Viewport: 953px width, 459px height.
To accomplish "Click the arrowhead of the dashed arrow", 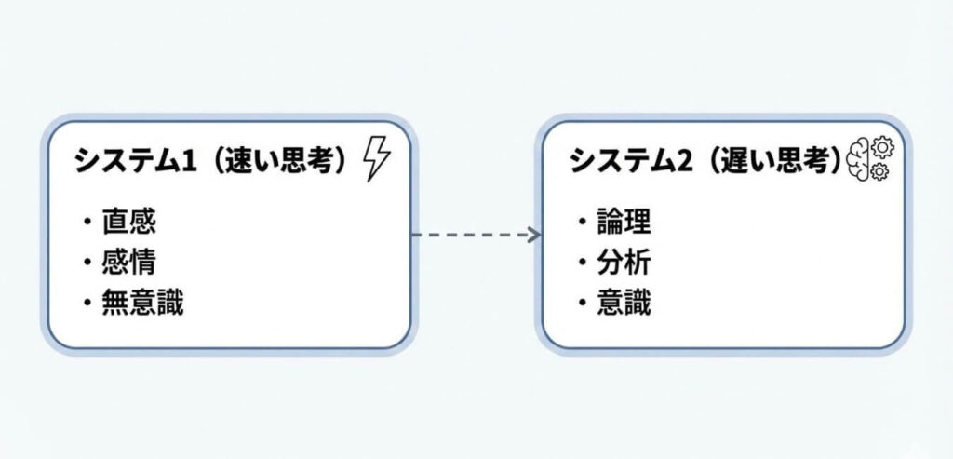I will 535,234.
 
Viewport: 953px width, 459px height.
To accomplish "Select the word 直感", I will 128,222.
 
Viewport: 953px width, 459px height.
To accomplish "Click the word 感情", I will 128,263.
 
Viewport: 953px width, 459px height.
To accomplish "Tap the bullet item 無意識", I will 142,304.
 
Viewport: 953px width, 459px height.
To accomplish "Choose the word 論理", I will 623,222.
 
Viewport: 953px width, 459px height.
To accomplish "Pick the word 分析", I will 623,263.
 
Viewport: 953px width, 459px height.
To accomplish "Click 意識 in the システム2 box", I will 623,304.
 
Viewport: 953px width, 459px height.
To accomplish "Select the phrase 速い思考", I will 279,160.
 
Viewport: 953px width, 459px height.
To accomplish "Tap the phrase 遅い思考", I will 775,160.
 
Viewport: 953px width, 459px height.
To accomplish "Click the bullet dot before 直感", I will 87,223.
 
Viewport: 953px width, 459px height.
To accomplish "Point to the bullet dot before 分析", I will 582,263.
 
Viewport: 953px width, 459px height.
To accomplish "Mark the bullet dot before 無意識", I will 87,304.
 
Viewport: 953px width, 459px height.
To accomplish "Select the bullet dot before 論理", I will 582,223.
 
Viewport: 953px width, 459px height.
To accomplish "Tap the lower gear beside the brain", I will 879,171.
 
